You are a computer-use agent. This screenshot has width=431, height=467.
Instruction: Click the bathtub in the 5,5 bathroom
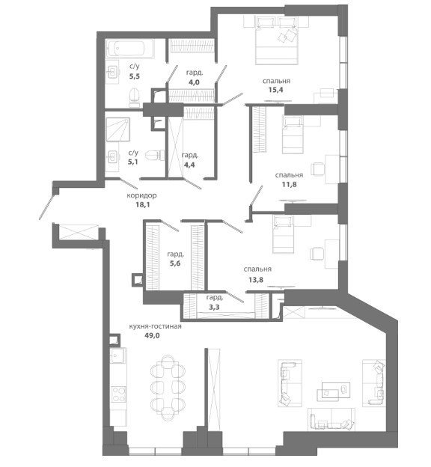(130, 48)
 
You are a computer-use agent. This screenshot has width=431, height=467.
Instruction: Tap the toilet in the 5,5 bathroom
(135, 97)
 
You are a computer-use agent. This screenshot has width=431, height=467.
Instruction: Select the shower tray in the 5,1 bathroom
(118, 129)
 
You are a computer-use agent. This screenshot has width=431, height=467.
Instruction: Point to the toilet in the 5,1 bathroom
(155, 155)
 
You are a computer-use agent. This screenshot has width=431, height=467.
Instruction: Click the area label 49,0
(153, 335)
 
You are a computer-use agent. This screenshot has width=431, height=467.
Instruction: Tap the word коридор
(141, 195)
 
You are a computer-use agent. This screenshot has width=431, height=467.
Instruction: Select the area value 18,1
(142, 204)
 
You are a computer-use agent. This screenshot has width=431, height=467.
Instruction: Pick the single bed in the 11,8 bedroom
(293, 135)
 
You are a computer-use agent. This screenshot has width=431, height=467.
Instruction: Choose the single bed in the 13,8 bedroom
(284, 235)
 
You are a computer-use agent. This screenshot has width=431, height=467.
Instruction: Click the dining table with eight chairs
(168, 388)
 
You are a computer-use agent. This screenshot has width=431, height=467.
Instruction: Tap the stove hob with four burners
(119, 394)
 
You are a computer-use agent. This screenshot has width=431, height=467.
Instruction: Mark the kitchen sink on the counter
(118, 355)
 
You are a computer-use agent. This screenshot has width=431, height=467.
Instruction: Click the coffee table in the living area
(333, 391)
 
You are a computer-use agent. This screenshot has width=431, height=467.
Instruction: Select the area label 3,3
(214, 307)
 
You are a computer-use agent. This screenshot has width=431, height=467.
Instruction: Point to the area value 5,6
(175, 263)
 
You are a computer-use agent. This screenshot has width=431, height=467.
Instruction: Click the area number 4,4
(189, 165)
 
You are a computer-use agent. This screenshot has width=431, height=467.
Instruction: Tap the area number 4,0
(194, 82)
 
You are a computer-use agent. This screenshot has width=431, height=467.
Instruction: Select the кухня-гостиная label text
(155, 326)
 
